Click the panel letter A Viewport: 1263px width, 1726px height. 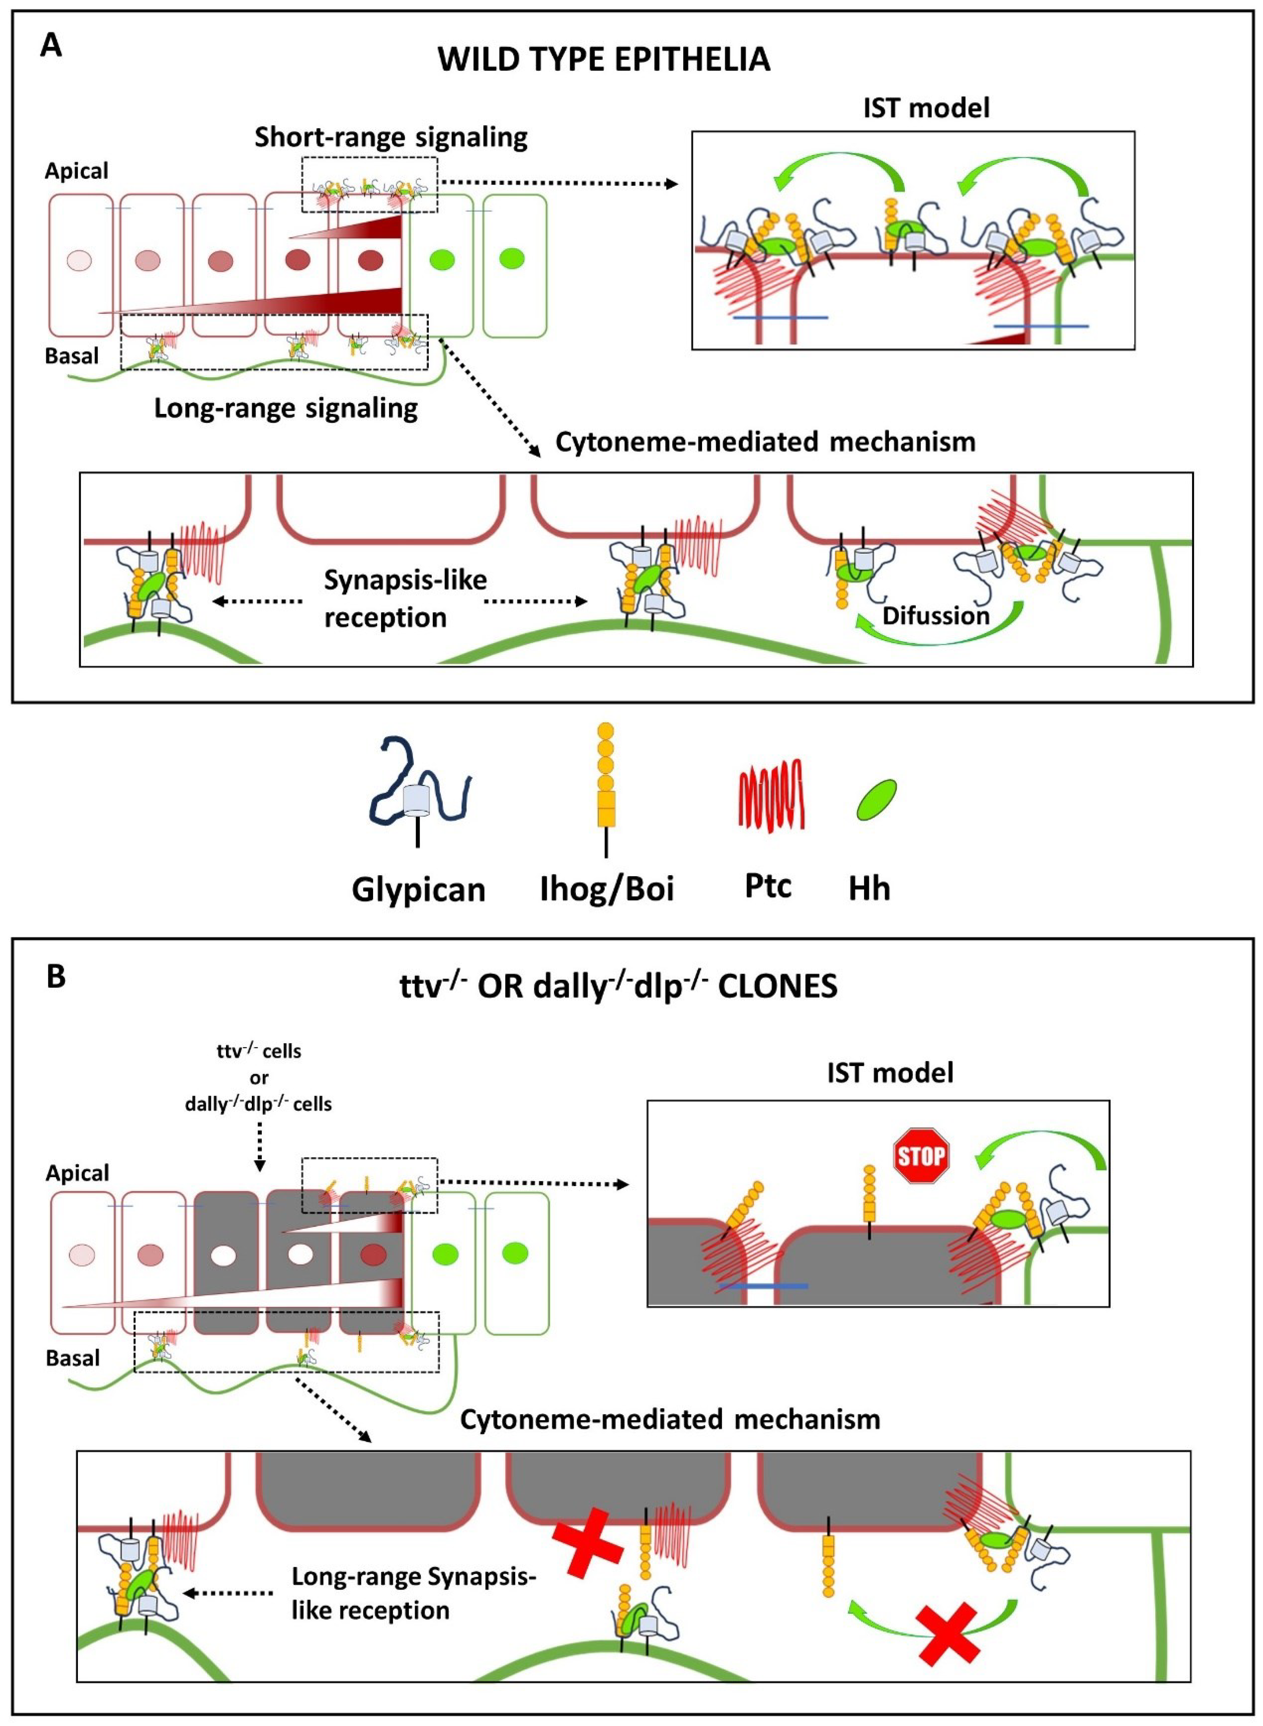(x=51, y=46)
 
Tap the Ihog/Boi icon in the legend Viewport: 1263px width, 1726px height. (x=606, y=788)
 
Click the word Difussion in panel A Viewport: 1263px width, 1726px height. (x=936, y=616)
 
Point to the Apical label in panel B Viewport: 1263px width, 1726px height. (x=77, y=1173)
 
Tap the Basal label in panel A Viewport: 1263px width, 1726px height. (x=72, y=356)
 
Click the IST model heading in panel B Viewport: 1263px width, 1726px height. (x=890, y=1073)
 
